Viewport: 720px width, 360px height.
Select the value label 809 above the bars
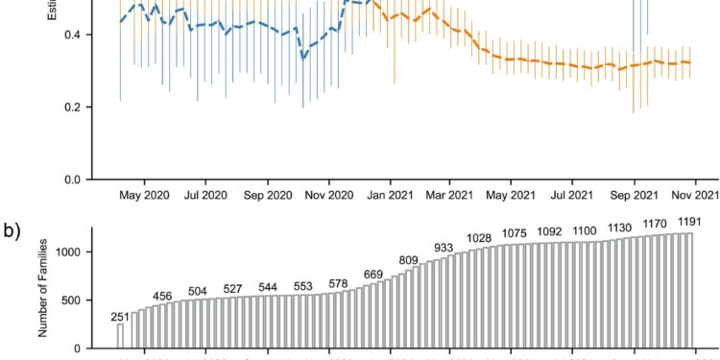tap(409, 260)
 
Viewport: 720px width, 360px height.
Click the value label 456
tap(162, 296)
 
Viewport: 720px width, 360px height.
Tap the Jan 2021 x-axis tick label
tap(390, 195)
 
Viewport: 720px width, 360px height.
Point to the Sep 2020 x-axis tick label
tap(267, 195)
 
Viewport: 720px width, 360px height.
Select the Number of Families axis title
tap(41, 288)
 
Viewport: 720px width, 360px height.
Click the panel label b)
tap(14, 234)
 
